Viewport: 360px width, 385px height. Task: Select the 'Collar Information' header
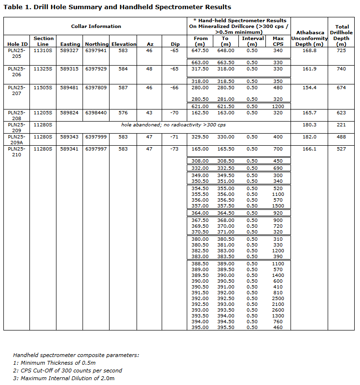point(96,26)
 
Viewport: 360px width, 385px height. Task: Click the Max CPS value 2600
point(278,310)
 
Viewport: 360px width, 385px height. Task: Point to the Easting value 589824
point(70,112)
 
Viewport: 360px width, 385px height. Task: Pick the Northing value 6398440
point(97,112)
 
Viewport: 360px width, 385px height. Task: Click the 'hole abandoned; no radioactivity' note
point(173,125)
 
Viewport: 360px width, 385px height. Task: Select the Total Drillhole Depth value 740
point(342,69)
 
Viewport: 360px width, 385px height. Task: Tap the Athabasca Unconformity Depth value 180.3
point(309,125)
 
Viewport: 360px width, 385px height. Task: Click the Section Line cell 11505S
point(42,88)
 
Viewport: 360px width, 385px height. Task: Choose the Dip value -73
point(175,149)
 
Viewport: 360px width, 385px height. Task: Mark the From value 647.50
point(200,50)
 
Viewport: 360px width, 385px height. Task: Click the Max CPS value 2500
point(278,298)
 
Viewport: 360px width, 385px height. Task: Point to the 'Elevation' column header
point(124,44)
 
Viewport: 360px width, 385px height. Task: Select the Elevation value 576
point(123,112)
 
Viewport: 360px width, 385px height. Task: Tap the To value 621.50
point(225,106)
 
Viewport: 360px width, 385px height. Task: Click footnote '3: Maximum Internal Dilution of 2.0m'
point(64,378)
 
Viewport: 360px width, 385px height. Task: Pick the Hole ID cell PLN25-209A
point(16,139)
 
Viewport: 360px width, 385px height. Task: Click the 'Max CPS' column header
point(278,41)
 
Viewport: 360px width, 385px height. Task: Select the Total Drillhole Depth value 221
point(342,125)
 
